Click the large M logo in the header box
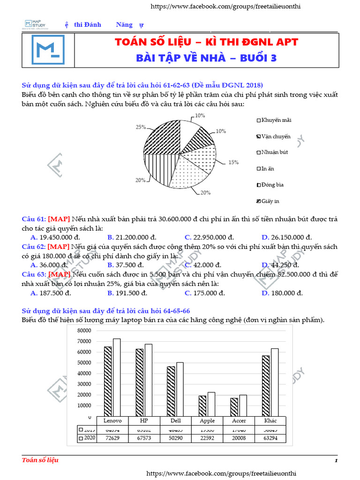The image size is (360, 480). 48,49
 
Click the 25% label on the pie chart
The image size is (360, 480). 140,127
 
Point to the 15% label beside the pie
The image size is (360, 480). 233,162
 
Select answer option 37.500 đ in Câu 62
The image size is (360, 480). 127,265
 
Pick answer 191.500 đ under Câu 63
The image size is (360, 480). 127,293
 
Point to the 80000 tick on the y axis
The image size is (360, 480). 82,330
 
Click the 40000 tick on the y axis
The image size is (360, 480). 82,374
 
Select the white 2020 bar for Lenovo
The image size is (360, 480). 117,377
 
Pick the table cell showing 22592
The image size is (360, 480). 207,439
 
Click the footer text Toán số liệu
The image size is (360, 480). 40,460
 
